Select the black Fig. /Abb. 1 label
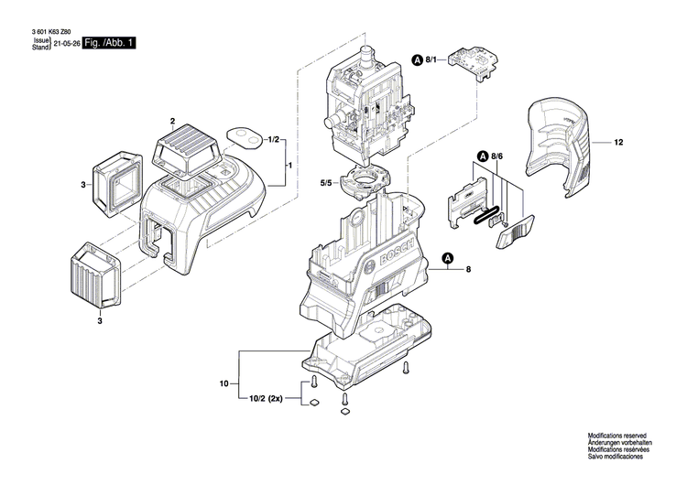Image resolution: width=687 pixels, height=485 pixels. tap(109, 44)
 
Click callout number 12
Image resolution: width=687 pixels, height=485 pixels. tap(618, 143)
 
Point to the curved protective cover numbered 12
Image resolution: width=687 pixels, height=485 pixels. tap(558, 146)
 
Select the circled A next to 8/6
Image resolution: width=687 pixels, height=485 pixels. tap(481, 156)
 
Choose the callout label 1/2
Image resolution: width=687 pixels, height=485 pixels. tap(273, 139)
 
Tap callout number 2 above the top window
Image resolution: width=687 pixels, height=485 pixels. tap(171, 121)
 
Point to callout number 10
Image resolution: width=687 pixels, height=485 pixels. tap(223, 384)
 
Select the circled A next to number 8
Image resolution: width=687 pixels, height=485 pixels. tap(448, 259)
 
